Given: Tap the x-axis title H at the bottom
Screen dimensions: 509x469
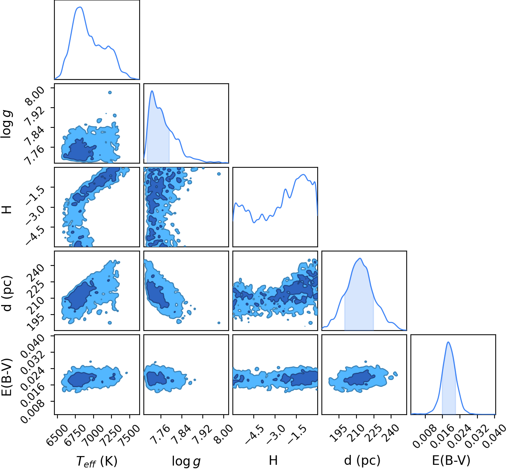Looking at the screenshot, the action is [x=273, y=460].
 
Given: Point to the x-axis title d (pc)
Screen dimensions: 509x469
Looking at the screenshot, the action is [x=362, y=460].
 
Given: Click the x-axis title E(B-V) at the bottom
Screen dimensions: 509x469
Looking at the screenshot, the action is [x=451, y=460].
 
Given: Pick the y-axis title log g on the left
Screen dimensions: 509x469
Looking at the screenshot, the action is [x=6, y=124].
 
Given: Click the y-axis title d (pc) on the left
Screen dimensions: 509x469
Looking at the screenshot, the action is [x=7, y=293].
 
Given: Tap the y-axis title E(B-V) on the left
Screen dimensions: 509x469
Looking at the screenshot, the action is [x=6, y=377].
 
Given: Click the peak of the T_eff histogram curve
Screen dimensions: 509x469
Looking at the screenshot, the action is [x=80, y=7].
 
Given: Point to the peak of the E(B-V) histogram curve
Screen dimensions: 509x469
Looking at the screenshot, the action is [x=449, y=342].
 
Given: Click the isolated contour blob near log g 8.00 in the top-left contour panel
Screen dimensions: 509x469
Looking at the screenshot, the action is [x=110, y=93].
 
